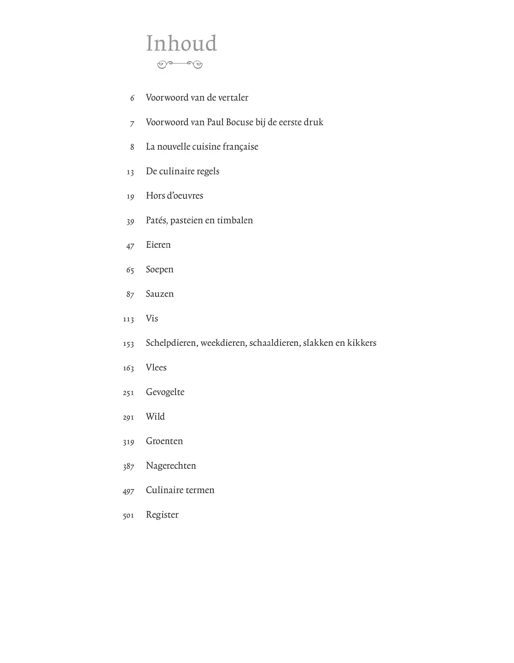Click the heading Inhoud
pos(181,44)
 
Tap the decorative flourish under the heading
pos(180,65)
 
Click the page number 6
pos(132,98)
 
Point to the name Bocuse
pos(239,122)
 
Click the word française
pos(240,147)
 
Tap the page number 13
pos(130,172)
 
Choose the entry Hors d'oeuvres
pos(175,196)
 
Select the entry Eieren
pos(158,245)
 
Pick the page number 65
pos(130,270)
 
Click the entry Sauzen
pos(160,294)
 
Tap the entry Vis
pos(152,319)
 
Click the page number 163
pos(128,368)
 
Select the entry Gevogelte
pos(165,392)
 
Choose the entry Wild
pos(155,417)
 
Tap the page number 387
pos(128,467)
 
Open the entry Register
pos(162,515)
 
